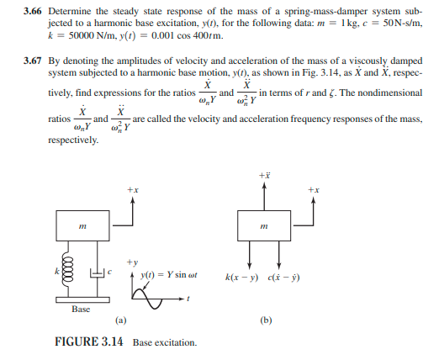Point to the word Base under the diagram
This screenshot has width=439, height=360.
click(x=81, y=309)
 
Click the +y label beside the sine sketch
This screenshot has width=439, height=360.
click(x=132, y=261)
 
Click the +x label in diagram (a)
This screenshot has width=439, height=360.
click(x=132, y=190)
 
